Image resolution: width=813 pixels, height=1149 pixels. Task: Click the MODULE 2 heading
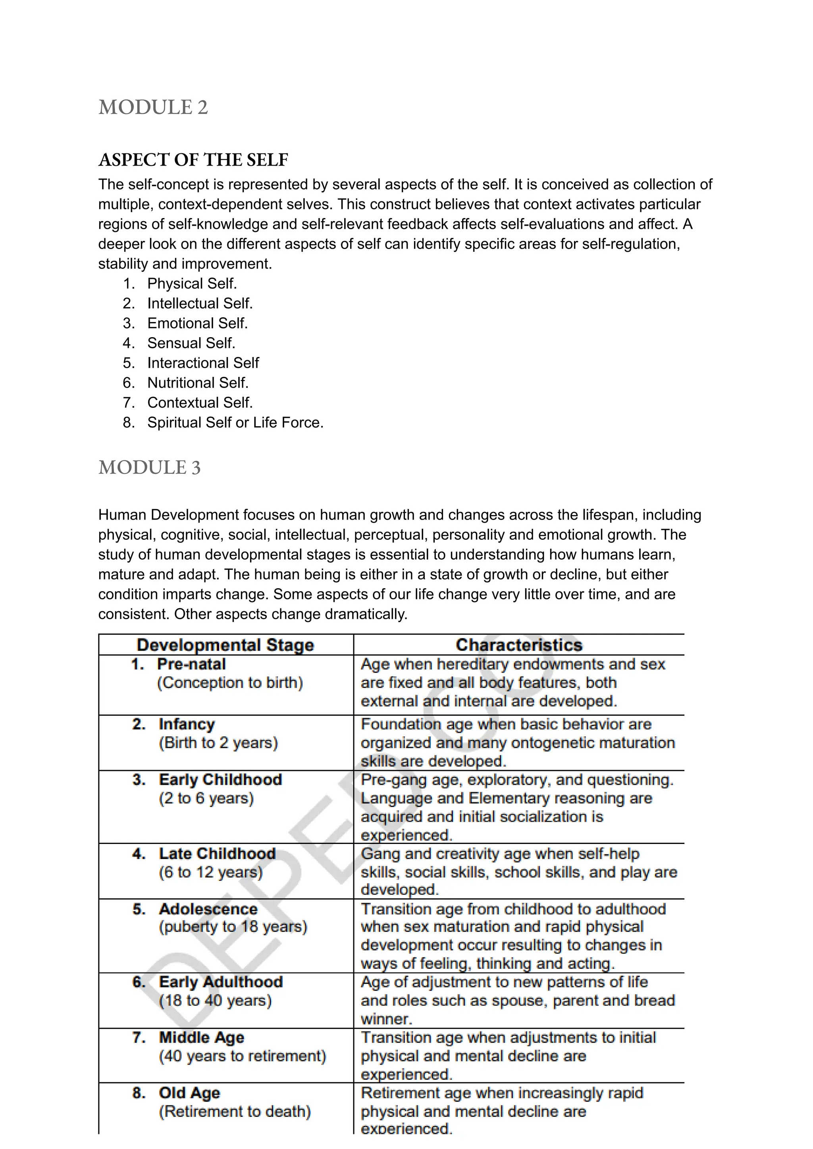pyautogui.click(x=153, y=108)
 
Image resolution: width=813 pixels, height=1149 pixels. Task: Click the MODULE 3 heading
pyautogui.click(x=149, y=467)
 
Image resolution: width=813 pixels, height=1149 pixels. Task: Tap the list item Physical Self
pyautogui.click(x=192, y=284)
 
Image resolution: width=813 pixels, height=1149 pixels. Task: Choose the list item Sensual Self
pyautogui.click(x=191, y=343)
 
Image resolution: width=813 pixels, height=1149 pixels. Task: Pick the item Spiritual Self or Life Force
pyautogui.click(x=235, y=422)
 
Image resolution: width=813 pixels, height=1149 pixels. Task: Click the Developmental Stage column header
pyautogui.click(x=225, y=645)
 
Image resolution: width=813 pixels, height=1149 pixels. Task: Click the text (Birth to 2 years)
pyautogui.click(x=218, y=743)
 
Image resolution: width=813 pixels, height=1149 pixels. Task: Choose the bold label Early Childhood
pyautogui.click(x=220, y=780)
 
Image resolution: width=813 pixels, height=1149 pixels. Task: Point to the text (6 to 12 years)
pyautogui.click(x=211, y=872)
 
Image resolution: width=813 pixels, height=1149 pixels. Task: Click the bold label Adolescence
pyautogui.click(x=208, y=909)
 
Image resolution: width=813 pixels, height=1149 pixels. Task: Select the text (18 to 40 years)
pyautogui.click(x=215, y=1001)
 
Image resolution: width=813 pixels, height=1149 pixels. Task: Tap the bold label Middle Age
pyautogui.click(x=202, y=1037)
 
